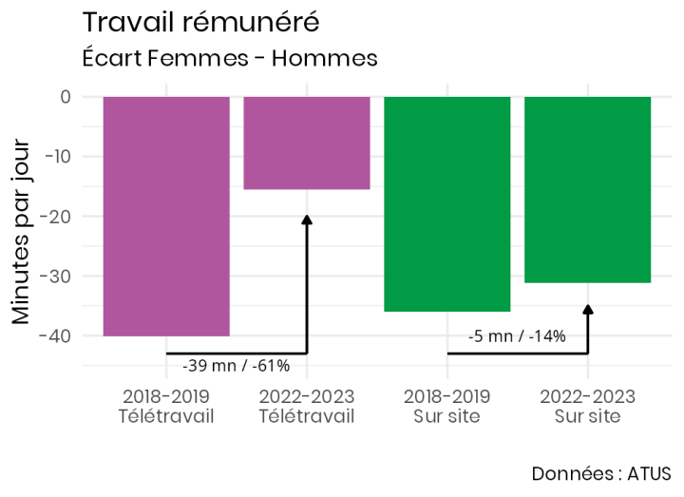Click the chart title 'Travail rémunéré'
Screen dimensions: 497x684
pyautogui.click(x=200, y=22)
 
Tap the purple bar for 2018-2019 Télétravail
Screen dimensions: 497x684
pyautogui.click(x=166, y=216)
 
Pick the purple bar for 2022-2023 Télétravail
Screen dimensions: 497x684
pyautogui.click(x=307, y=143)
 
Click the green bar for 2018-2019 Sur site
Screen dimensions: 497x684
pyautogui.click(x=446, y=203)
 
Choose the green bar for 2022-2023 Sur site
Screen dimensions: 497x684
pyautogui.click(x=587, y=189)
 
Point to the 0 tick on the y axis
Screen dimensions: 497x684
pyautogui.click(x=66, y=97)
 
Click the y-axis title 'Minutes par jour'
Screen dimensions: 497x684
pyautogui.click(x=21, y=233)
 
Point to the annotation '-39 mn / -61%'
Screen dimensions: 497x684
pyautogui.click(x=236, y=366)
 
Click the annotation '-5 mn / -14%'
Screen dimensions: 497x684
pyautogui.click(x=517, y=335)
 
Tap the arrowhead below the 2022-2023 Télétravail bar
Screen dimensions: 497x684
pyautogui.click(x=307, y=220)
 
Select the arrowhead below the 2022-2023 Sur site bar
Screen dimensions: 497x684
pyautogui.click(x=587, y=310)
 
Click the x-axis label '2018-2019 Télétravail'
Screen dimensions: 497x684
pyautogui.click(x=166, y=406)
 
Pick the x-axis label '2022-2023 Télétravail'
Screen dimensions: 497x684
pyautogui.click(x=307, y=406)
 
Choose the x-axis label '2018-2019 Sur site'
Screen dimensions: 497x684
pyautogui.click(x=446, y=406)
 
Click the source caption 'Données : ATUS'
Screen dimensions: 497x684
pyautogui.click(x=600, y=472)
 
